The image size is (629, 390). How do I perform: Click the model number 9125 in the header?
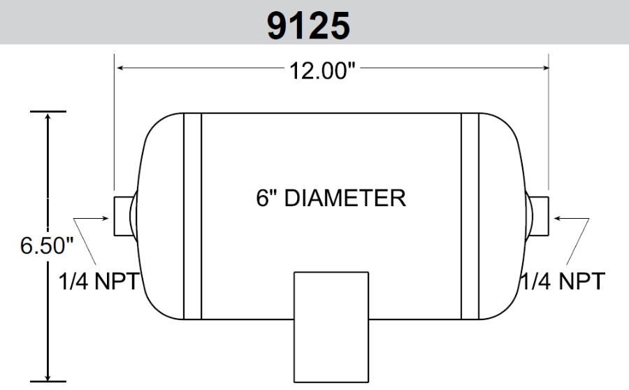tap(308, 26)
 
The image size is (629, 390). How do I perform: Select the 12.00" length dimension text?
tap(322, 71)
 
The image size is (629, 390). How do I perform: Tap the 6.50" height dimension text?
tap(47, 245)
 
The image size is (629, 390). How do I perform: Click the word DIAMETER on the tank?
tap(345, 198)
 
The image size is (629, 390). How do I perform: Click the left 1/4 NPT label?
tap(99, 281)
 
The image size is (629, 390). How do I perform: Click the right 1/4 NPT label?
tap(563, 281)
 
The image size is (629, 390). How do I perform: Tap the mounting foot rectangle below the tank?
tap(331, 327)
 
